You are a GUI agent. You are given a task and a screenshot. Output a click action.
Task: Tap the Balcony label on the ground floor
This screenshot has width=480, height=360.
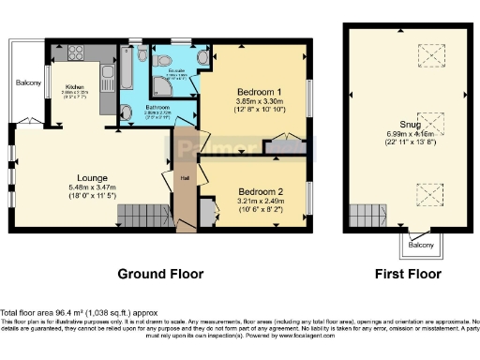(25, 82)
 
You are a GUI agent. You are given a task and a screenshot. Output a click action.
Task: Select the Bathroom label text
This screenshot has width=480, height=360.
(137, 108)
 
